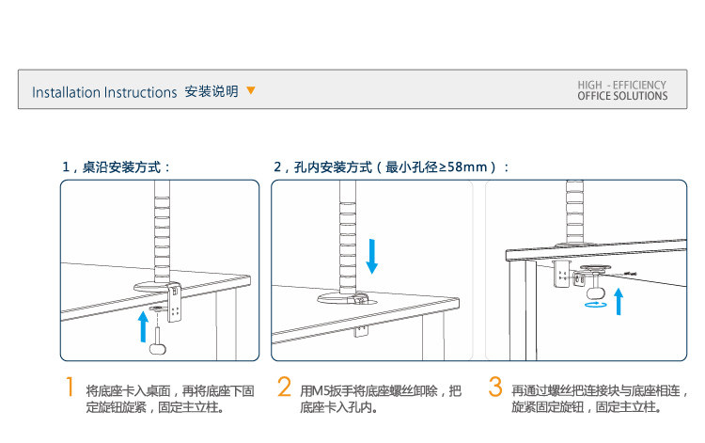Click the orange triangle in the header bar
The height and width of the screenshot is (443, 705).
[251, 91]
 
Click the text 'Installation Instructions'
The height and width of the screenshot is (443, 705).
[104, 92]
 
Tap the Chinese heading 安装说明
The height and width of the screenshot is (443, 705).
[211, 91]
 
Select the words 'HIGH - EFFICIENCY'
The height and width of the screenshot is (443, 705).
[622, 85]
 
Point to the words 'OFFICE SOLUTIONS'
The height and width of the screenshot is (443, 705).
[622, 96]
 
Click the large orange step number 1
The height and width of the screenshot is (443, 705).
[69, 388]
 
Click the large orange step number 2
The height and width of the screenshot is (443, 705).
[284, 388]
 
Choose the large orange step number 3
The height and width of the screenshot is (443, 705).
[495, 388]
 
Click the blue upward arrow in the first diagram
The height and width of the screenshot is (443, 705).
[143, 324]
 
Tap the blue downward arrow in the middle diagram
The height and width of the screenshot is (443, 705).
[372, 256]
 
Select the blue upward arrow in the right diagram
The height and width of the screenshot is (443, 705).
[619, 302]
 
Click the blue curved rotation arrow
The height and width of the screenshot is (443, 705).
[594, 304]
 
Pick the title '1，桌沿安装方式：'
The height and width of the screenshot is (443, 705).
[117, 166]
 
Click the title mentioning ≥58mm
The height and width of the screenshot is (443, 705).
[391, 166]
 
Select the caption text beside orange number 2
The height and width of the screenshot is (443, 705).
[381, 399]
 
